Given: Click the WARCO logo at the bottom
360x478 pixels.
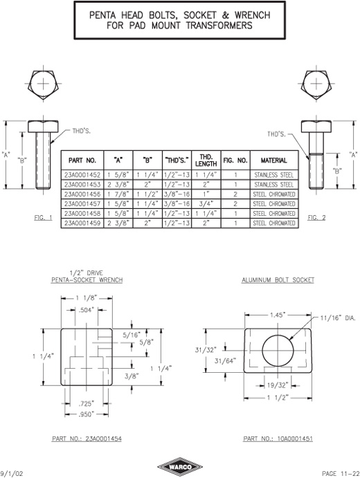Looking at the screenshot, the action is point(180,467).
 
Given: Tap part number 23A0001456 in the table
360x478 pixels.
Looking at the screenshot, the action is point(82,194).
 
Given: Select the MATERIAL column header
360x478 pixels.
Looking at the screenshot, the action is point(273,160).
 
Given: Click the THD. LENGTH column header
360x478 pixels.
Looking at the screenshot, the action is point(206,160).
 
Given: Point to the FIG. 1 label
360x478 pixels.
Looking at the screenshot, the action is point(43,218).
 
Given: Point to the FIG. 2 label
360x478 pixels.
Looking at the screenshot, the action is point(316,218).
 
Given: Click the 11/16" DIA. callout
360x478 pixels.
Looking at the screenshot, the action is point(338,318).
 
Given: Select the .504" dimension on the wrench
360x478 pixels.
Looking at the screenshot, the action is point(87,311).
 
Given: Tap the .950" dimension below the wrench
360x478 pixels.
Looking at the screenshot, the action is point(87,414).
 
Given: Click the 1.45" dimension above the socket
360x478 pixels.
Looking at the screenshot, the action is point(278,315).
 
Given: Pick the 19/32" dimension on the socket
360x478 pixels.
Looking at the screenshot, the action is point(278,385).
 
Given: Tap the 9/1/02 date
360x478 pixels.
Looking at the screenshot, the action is point(12,473).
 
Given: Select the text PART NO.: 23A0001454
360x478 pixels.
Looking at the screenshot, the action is point(87,439).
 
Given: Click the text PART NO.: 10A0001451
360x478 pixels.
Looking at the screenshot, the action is point(278,439).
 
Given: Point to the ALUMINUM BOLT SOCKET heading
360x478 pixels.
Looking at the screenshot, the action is point(278,280).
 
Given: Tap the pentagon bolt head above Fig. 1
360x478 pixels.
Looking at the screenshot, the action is point(44,84).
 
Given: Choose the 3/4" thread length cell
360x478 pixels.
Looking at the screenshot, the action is point(206,203).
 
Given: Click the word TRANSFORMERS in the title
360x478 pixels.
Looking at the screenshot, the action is point(219,26).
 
